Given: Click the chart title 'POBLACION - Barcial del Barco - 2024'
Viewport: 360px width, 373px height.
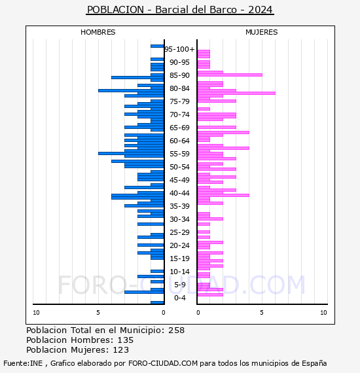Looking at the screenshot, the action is [x=180, y=10].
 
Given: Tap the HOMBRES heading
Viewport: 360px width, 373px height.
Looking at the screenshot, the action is [x=98, y=32].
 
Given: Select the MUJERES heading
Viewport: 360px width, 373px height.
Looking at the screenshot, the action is [x=262, y=32].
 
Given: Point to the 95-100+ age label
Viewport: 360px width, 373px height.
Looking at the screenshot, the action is [x=179, y=49].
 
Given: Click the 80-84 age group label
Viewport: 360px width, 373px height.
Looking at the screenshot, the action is [x=179, y=88].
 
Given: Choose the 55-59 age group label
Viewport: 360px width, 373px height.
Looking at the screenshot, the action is [x=179, y=154].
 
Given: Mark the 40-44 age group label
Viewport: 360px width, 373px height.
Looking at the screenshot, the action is [x=179, y=193].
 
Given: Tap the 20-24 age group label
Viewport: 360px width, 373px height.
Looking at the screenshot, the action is [x=179, y=245].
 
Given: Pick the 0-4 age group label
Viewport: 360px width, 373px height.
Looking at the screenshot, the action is [x=179, y=298].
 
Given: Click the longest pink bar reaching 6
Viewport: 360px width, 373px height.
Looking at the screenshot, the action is [x=236, y=93].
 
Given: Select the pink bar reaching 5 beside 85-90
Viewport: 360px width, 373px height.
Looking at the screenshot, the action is [x=230, y=75].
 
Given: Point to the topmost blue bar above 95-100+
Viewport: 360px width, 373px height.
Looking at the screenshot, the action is [x=157, y=46].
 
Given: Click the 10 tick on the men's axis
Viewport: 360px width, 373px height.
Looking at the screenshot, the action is [x=36, y=313].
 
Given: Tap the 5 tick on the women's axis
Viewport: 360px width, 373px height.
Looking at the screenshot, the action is [x=262, y=313].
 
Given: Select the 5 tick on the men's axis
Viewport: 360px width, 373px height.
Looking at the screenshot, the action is [x=98, y=313].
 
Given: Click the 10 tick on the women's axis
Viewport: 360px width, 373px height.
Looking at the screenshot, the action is [x=323, y=313].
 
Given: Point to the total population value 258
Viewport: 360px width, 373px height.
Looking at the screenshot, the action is [x=176, y=330].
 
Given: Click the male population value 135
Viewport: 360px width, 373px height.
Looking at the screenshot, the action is [x=126, y=340].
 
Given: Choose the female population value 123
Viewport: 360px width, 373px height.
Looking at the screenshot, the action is [x=121, y=350].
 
